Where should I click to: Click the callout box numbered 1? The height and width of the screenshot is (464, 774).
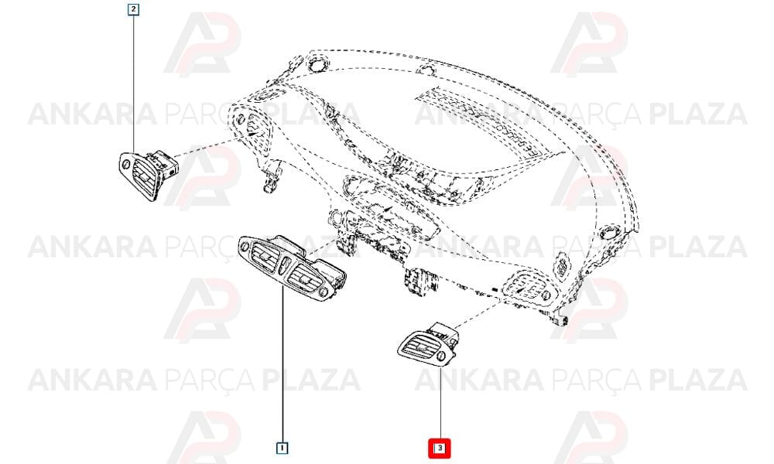tap(282, 448)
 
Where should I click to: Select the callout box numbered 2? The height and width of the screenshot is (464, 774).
tap(133, 9)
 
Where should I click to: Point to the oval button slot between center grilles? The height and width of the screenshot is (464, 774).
tap(283, 268)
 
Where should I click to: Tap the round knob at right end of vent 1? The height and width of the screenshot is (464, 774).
tap(323, 293)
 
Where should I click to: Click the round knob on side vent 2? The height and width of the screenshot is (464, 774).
tap(126, 163)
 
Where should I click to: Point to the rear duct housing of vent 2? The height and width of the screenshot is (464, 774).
tap(163, 162)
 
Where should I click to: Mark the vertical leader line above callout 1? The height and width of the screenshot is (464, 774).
tap(282, 364)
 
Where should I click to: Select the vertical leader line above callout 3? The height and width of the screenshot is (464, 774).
tap(440, 403)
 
